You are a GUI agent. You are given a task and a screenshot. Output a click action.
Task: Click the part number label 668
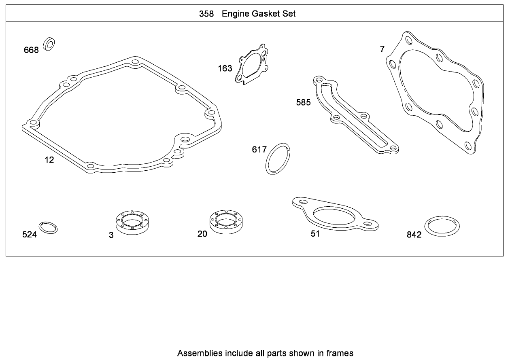(31, 50)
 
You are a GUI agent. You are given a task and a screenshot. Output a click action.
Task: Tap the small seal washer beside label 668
(50, 44)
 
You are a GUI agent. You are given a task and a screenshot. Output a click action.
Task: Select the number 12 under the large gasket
(49, 160)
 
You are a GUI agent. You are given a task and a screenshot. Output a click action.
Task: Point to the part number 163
(225, 68)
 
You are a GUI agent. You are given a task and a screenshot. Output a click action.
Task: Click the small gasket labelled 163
(252, 65)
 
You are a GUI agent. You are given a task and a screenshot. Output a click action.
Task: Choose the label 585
(303, 103)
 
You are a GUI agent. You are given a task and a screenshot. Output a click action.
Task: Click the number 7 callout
(382, 49)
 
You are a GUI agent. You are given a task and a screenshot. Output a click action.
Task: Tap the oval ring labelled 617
(278, 158)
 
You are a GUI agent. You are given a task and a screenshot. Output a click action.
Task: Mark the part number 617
(259, 150)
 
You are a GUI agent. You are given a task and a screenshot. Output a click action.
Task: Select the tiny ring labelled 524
(48, 228)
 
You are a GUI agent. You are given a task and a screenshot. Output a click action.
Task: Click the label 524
(30, 235)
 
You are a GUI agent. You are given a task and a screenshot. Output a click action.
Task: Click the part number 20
(202, 234)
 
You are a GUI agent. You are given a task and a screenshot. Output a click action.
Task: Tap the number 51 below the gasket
(315, 234)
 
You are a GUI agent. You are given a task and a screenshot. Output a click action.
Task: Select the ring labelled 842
(442, 226)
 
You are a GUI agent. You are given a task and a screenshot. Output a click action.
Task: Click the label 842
(414, 235)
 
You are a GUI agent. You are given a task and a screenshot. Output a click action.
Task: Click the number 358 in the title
(206, 14)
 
